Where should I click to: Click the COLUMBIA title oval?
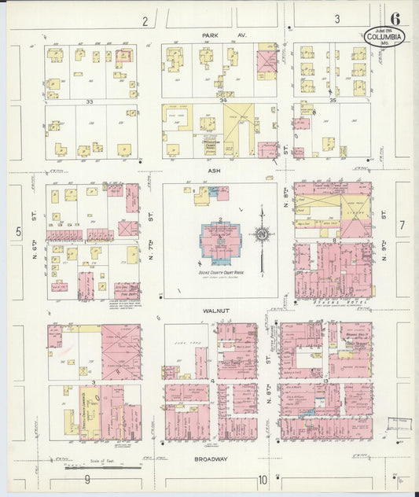coord(385,37)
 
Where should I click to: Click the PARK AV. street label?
coord(213,36)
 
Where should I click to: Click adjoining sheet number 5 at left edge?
coord(17,231)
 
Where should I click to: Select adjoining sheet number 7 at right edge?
coord(400,226)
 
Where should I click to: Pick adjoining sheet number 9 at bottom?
coord(88,479)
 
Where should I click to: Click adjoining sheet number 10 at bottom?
coord(262,479)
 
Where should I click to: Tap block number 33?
coord(90,101)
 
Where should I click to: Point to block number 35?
coord(333,101)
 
